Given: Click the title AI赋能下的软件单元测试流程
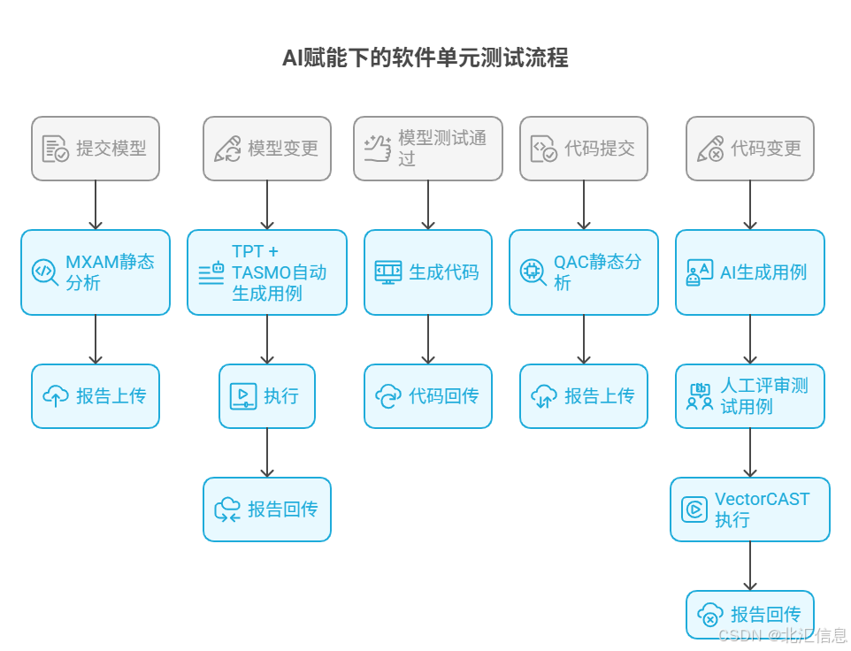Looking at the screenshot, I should (x=425, y=58).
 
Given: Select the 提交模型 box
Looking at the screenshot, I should (x=96, y=149).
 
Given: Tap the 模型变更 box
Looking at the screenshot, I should (x=267, y=149).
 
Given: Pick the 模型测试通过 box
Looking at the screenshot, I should (x=428, y=149).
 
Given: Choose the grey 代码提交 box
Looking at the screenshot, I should (x=584, y=149).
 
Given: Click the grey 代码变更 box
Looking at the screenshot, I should (x=750, y=149).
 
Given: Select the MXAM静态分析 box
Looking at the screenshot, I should (x=96, y=272).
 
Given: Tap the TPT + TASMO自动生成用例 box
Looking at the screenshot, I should (x=267, y=272).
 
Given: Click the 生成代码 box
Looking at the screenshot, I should (x=428, y=272).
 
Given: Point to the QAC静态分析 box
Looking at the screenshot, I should (x=584, y=272).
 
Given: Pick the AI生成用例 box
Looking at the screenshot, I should (x=750, y=272).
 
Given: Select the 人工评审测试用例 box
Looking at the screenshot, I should (x=750, y=396).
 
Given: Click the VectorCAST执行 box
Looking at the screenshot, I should (x=750, y=509).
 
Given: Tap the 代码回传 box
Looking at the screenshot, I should (x=428, y=396).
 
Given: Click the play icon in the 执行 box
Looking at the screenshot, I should (x=238, y=395).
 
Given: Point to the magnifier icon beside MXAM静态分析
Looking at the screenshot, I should (x=45, y=272).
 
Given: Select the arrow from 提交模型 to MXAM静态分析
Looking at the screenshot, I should (x=96, y=205).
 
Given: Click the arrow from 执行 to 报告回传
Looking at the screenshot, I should (x=267, y=453).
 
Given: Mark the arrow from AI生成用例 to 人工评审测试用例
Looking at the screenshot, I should (x=750, y=340).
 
